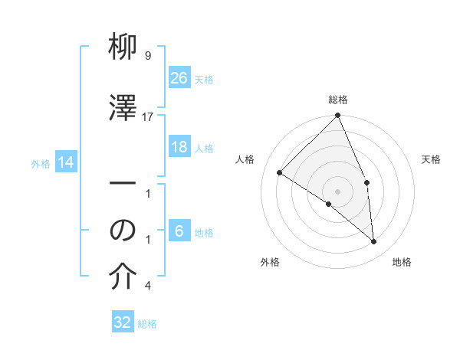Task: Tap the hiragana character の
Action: (x=123, y=230)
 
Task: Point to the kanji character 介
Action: (x=123, y=278)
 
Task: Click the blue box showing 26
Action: (x=179, y=77)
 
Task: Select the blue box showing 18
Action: (x=179, y=147)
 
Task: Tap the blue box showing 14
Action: (x=66, y=162)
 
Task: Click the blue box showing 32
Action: (x=123, y=322)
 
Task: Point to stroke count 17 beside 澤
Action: (x=148, y=116)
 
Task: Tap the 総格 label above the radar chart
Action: (x=338, y=100)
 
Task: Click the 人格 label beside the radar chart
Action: (x=245, y=159)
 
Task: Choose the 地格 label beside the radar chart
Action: (x=402, y=262)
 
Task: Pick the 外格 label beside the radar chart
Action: (x=270, y=262)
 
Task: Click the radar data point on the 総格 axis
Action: (x=337, y=116)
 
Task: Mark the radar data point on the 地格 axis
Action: (x=374, y=241)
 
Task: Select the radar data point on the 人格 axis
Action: (x=280, y=172)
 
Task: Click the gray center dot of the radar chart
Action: (x=337, y=191)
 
